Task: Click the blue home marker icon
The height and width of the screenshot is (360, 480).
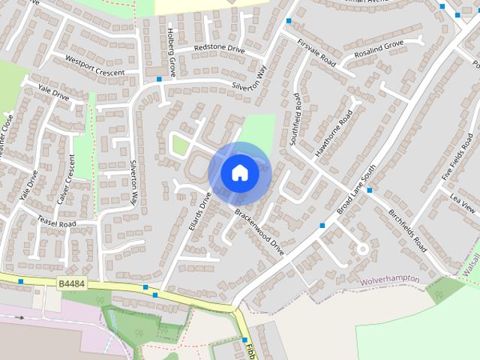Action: coord(239,172)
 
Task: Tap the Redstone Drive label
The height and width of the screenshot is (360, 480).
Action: coord(219,49)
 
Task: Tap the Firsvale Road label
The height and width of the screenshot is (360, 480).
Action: coord(316,50)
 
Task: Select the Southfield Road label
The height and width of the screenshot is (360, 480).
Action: coord(296,119)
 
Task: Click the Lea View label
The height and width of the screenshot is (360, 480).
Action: coord(463,205)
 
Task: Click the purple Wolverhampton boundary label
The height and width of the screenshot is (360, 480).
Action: coord(389,280)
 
